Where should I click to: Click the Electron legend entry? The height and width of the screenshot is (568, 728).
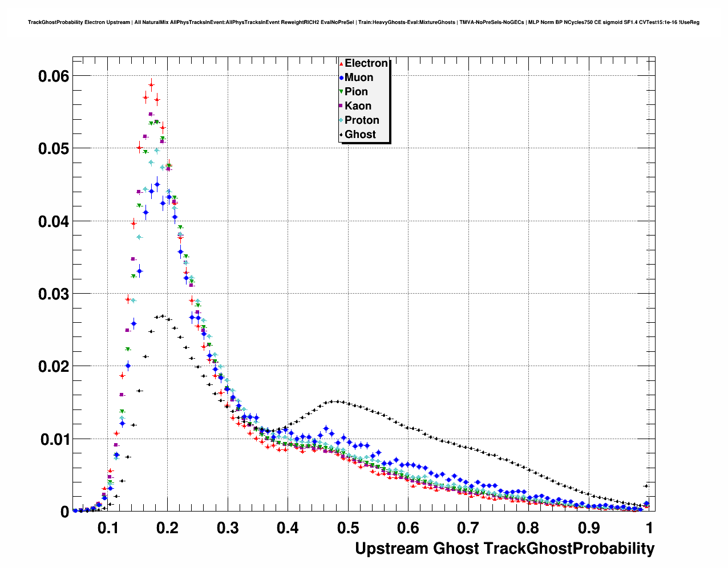click(x=366, y=63)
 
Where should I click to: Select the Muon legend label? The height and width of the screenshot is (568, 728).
click(x=358, y=78)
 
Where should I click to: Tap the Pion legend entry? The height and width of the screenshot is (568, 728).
click(x=356, y=92)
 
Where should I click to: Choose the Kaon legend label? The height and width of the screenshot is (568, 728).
click(x=358, y=106)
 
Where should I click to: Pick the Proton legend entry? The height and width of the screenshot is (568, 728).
click(x=362, y=120)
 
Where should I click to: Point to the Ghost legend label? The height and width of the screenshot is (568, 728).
click(x=360, y=135)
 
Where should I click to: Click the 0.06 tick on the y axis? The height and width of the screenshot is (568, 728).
click(x=54, y=76)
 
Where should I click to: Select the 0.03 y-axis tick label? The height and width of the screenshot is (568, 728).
click(x=54, y=294)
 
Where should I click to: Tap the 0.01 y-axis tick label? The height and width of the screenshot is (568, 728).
click(x=54, y=439)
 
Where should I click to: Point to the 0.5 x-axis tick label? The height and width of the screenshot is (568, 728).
click(x=348, y=528)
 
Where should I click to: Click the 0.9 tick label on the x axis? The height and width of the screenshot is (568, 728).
click(x=589, y=528)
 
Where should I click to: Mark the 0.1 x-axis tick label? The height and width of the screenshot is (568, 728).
click(x=108, y=528)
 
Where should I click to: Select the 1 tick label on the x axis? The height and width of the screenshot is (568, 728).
click(x=649, y=528)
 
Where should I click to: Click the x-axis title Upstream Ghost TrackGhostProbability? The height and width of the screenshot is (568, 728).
click(x=504, y=549)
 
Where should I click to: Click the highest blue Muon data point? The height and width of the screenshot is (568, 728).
click(x=157, y=184)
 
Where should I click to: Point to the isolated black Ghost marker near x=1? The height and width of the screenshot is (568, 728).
click(x=646, y=486)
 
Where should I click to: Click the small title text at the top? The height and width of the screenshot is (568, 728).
click(x=363, y=22)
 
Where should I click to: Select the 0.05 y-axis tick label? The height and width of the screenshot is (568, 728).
click(x=54, y=149)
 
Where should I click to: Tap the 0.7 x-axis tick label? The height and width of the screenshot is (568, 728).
click(x=468, y=528)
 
